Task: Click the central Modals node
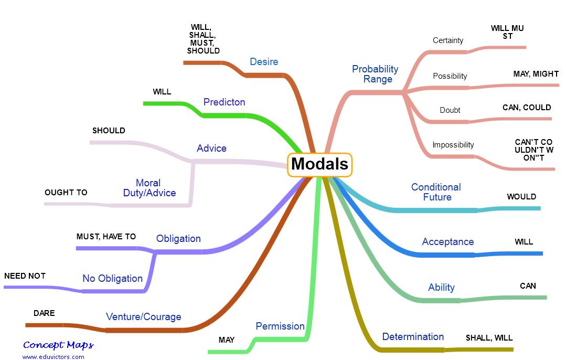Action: point(319,164)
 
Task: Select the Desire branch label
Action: point(264,62)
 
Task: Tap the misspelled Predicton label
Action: point(224,102)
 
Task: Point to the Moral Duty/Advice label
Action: point(149,188)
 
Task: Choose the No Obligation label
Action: point(112,278)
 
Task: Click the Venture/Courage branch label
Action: point(143,316)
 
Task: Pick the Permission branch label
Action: point(280,326)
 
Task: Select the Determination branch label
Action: point(413,337)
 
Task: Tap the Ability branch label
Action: point(441,288)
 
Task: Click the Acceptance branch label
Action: point(447,242)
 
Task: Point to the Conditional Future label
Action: point(436,192)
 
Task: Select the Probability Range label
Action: point(376,74)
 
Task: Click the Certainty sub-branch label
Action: point(448,40)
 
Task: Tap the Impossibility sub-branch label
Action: point(453,145)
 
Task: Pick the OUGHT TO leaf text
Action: point(66,193)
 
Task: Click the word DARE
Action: point(44,313)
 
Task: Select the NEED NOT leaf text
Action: point(25,276)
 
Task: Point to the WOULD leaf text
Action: point(521,197)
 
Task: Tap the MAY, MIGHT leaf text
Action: point(536,74)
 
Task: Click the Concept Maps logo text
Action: point(58,345)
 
